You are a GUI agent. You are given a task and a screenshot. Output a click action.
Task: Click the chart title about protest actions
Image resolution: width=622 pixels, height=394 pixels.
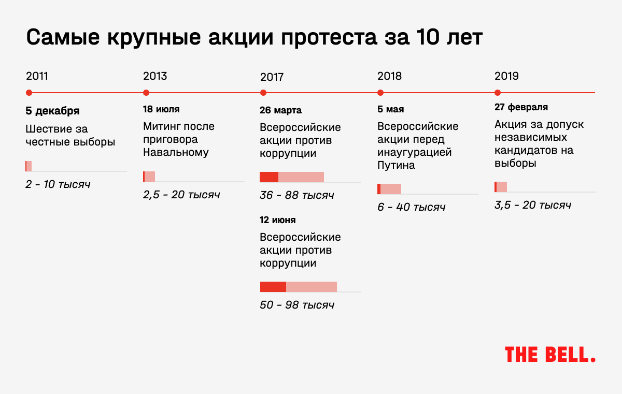click(255, 37)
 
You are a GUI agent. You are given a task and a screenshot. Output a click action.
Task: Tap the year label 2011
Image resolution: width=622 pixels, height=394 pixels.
click(37, 76)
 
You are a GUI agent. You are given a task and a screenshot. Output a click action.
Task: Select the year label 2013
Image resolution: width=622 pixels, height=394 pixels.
click(155, 76)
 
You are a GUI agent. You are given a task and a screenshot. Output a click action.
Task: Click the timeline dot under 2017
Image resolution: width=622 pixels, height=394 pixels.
click(263, 93)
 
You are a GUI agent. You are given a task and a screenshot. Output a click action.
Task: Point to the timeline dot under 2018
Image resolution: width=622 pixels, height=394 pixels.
click(380, 93)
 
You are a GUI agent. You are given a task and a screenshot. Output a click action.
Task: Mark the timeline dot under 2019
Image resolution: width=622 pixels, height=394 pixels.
click(498, 93)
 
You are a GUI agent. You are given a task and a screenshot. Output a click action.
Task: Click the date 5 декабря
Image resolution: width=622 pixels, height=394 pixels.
click(52, 111)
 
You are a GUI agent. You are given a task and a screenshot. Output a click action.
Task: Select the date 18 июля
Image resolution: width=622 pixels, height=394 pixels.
click(161, 109)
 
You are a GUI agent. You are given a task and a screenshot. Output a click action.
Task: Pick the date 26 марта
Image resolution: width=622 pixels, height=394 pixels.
click(280, 110)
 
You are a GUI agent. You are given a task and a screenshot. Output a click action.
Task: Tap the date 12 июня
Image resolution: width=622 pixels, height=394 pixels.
click(278, 220)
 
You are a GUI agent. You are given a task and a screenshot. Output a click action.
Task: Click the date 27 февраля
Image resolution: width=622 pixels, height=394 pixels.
click(521, 107)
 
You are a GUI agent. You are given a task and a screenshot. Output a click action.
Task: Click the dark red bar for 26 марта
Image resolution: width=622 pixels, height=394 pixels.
click(269, 177)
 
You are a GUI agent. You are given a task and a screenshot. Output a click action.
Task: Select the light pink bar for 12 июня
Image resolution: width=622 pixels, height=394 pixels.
click(312, 287)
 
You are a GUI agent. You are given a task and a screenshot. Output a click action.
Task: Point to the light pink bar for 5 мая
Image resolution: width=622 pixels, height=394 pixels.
click(391, 189)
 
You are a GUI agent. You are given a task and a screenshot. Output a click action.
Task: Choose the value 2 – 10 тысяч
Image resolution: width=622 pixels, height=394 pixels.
click(58, 184)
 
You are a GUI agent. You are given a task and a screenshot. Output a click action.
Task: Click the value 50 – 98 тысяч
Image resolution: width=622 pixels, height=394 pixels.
click(297, 305)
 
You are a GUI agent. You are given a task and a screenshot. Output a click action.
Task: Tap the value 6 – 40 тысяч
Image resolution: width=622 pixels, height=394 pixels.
click(411, 207)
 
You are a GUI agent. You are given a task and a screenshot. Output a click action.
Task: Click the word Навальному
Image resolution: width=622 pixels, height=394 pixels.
click(176, 152)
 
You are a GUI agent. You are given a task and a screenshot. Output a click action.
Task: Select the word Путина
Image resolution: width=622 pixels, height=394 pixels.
click(396, 165)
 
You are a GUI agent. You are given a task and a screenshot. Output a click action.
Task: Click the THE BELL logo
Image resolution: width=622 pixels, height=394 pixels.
click(550, 355)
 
